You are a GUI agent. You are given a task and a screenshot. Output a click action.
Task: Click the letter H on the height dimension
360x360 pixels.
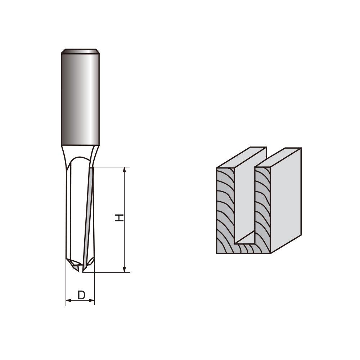tap(119, 217)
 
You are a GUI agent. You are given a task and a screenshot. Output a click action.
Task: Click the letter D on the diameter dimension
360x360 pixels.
tap(82, 295)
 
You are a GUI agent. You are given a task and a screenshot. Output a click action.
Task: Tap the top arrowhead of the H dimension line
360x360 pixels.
tap(125, 170)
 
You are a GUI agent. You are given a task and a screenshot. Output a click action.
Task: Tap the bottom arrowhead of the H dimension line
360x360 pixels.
tap(125, 269)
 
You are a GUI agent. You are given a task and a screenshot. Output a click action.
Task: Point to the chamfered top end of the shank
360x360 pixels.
tap(80, 51)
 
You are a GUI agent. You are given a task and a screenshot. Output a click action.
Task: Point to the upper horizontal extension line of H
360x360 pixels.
tap(112, 167)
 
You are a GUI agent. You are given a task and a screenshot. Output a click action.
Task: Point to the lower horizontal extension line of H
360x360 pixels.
tap(108, 273)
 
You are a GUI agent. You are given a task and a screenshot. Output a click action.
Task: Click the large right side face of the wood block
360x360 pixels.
tap(285, 202)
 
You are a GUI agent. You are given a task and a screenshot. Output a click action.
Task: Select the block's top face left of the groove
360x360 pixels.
tap(242, 157)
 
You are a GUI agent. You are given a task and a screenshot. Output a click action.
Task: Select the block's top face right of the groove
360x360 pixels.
tap(279, 157)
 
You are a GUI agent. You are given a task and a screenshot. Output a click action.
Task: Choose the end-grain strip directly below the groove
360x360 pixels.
tap(245, 248)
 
